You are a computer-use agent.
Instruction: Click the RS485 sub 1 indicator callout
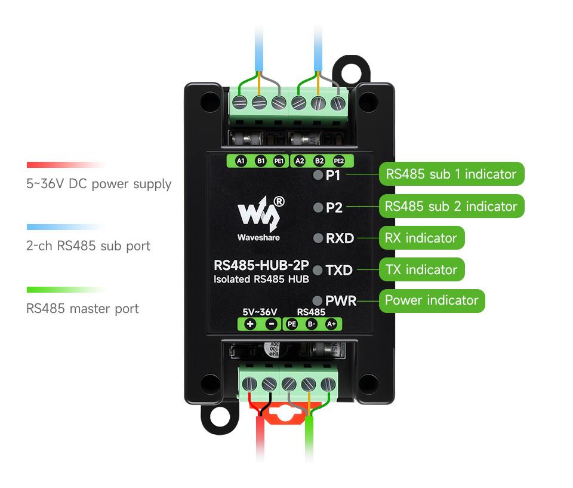point(451,174)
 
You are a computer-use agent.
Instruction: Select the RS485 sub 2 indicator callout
point(451,206)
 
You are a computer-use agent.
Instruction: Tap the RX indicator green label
point(421,238)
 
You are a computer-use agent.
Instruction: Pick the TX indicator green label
point(421,269)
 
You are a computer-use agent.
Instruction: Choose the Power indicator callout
point(432,300)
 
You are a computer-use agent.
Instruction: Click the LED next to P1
point(318,175)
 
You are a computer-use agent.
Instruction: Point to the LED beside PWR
point(318,300)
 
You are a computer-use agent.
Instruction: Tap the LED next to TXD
point(318,270)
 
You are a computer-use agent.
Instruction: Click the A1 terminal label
point(241,161)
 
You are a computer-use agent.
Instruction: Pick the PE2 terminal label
point(338,161)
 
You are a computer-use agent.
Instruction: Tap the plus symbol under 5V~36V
point(249,324)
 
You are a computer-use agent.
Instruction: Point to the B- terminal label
point(311,324)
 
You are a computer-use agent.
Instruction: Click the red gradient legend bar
point(66,165)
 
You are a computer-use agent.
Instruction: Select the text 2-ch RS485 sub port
point(88,246)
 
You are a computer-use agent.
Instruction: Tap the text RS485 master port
point(82,309)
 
